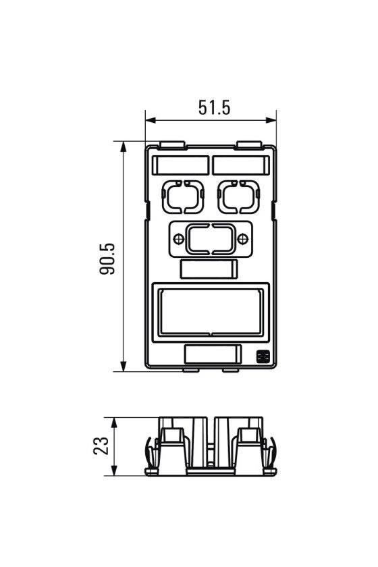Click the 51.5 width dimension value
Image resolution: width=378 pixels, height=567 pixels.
[214, 107]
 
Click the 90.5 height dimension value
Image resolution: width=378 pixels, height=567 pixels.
[107, 259]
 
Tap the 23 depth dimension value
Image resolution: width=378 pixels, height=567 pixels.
[101, 446]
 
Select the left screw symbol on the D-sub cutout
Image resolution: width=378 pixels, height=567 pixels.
[179, 239]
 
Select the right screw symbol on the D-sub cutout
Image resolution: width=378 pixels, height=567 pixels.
[243, 239]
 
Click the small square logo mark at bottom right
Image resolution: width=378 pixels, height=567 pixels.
[261, 356]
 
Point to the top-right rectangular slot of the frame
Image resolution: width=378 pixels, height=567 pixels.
[241, 165]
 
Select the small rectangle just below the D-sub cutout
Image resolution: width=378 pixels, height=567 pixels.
[209, 269]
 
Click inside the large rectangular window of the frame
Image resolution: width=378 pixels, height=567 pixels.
[211, 312]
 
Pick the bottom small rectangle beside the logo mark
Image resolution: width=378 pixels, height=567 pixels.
[213, 354]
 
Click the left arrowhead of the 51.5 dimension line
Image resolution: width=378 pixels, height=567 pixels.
[151, 120]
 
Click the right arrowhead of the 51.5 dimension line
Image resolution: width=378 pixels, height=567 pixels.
[271, 120]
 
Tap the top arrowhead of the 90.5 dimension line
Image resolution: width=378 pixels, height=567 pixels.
[124, 146]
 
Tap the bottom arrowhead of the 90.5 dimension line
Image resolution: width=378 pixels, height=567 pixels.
[124, 366]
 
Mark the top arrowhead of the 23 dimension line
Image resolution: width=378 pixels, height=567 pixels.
[114, 423]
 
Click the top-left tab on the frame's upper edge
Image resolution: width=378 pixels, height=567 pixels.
[172, 145]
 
